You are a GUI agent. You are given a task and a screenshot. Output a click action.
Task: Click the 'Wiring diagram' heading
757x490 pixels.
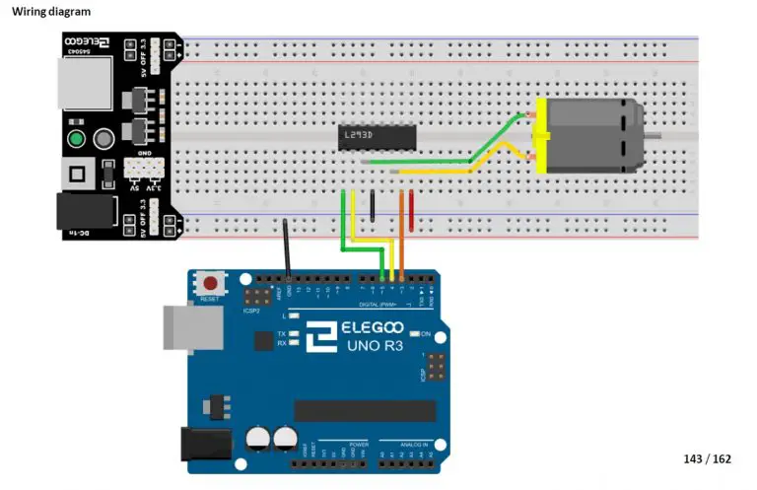[x=51, y=12]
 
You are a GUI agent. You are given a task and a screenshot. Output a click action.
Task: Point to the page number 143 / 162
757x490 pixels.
[x=708, y=459]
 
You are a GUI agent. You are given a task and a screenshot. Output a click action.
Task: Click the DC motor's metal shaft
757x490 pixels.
[x=674, y=136]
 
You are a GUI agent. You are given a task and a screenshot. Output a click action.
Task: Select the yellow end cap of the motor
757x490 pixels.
[x=539, y=136]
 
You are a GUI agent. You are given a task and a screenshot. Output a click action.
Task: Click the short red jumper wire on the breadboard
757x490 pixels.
[x=411, y=209]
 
